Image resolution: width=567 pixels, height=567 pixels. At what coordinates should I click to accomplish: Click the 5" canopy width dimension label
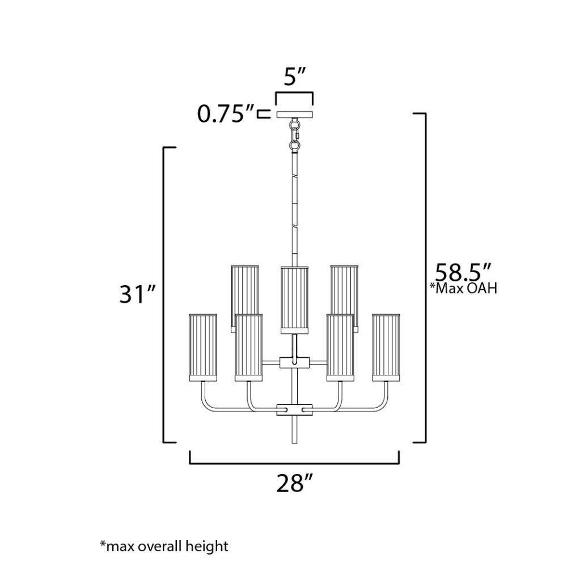point(294,77)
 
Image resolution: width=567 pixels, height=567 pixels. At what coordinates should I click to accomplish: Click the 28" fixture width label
point(294,483)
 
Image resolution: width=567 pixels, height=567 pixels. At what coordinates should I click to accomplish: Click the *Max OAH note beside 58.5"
point(463,288)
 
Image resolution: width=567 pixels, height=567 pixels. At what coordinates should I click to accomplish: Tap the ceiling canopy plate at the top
point(294,115)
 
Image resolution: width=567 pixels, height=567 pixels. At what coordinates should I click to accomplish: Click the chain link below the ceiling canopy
point(295,136)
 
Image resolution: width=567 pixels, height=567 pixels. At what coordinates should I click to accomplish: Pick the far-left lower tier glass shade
point(203,348)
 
